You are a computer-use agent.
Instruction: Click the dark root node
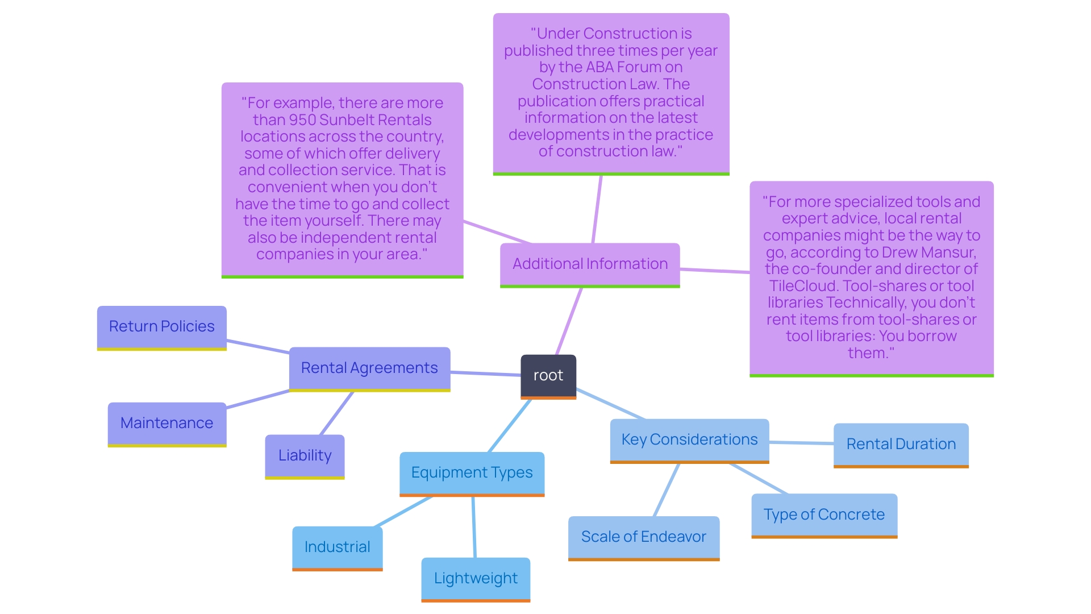pos(548,376)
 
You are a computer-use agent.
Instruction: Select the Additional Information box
pos(590,264)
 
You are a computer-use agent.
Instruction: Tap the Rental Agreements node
pos(369,368)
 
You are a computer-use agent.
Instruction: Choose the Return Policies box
pos(162,327)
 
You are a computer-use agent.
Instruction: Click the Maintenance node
pos(167,424)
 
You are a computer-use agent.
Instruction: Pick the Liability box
pos(305,456)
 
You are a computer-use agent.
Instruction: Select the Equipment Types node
pos(472,473)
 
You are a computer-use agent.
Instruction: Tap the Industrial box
pos(337,547)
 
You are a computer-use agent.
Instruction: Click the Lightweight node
pos(476,579)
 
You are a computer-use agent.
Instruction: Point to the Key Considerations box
pos(689,440)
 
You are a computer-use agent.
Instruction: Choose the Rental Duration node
pos(901,445)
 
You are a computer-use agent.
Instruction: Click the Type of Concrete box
pos(824,515)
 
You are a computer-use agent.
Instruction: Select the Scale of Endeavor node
pos(643,537)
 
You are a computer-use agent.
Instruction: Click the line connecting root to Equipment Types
pos(510,426)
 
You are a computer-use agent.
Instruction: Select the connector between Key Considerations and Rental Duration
pos(801,443)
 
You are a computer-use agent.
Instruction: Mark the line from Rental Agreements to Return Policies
pos(258,346)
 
